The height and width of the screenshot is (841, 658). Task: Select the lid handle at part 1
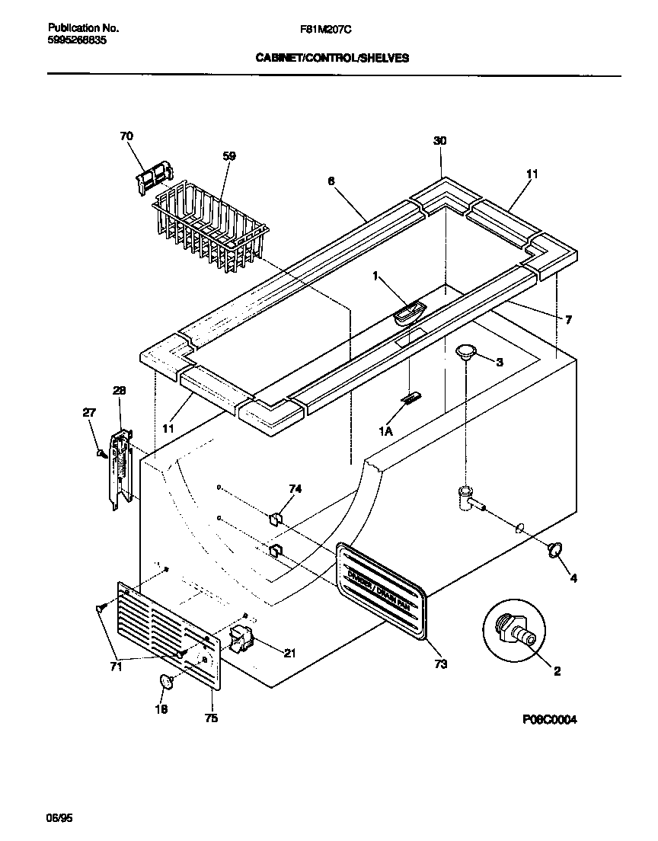point(409,312)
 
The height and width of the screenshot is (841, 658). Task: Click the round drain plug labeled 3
point(467,350)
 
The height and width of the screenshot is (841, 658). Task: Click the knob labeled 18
point(165,683)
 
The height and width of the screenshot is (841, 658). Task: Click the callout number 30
point(440,140)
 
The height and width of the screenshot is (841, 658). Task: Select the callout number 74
point(295,488)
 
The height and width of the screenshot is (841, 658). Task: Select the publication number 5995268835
point(72,40)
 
